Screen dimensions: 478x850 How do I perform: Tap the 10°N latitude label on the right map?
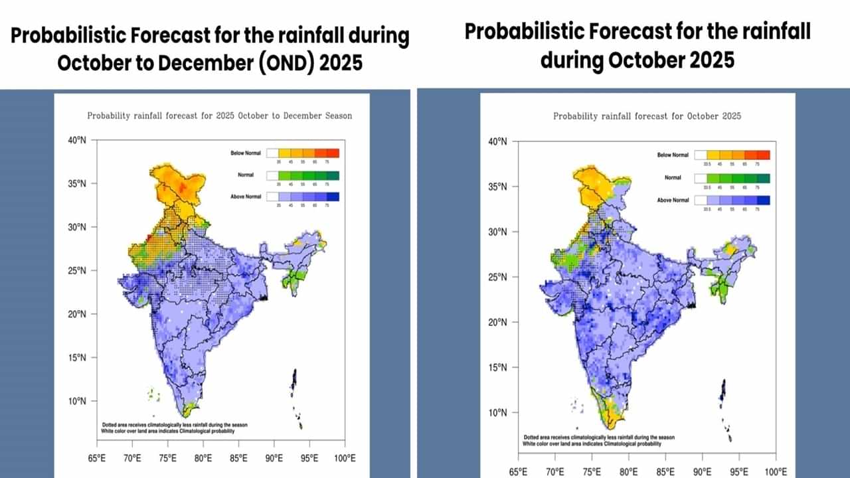tap(497, 413)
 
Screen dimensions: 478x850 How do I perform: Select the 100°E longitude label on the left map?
tap(344, 458)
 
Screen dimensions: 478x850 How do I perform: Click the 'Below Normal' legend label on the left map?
tap(246, 153)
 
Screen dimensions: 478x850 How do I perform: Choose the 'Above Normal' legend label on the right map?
tap(673, 200)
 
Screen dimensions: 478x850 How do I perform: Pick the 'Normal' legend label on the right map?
tap(673, 178)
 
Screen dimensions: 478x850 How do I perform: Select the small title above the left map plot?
tap(220, 116)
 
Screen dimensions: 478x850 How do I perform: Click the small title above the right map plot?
tap(647, 116)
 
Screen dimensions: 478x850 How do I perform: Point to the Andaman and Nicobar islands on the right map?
tap(724, 405)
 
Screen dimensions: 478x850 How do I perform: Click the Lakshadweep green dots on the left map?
tap(153, 395)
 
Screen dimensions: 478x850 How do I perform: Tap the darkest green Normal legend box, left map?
tap(332, 176)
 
